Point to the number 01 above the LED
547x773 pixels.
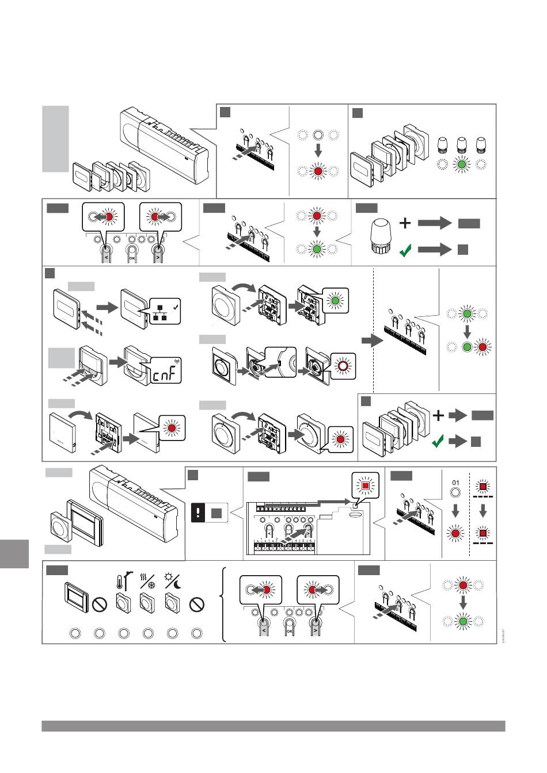(455, 482)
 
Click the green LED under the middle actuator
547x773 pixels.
(461, 164)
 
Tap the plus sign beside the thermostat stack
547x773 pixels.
(439, 415)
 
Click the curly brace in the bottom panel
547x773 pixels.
(224, 604)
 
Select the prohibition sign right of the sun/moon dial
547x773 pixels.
(197, 604)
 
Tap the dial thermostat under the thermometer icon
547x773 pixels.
(123, 604)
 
